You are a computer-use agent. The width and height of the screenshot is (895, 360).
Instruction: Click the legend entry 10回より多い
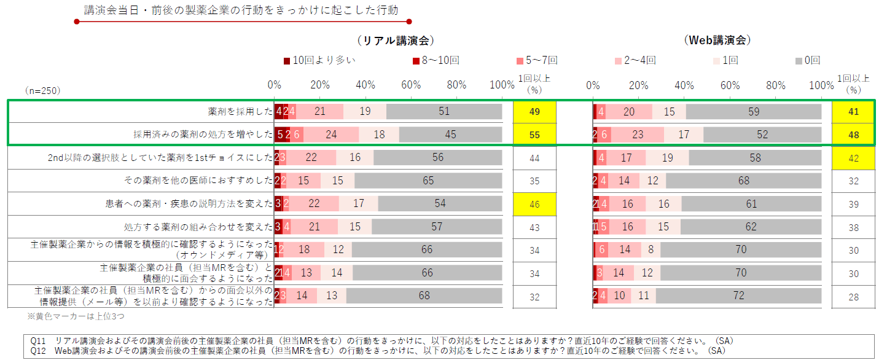click(319, 60)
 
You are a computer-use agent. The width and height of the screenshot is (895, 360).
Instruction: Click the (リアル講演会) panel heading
click(395, 41)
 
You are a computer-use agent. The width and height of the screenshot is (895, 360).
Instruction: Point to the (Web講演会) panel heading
click(717, 41)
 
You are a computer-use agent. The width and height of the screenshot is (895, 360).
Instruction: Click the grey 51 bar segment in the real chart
click(444, 111)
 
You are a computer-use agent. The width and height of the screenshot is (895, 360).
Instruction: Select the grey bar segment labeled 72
click(738, 295)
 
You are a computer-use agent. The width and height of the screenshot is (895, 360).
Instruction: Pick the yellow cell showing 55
click(534, 135)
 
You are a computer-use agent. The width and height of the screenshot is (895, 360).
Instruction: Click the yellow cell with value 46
click(534, 204)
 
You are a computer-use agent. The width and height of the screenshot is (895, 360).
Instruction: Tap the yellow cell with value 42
click(853, 158)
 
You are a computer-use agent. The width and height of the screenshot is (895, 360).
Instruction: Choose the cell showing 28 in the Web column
click(853, 297)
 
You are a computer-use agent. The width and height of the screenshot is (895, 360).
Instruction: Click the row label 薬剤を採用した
click(240, 112)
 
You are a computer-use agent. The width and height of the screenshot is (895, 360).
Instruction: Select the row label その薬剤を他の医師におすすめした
click(198, 181)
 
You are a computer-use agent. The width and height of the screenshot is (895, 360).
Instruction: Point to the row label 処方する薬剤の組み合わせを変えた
click(198, 227)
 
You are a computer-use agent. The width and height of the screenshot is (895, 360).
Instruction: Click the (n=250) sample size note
click(42, 90)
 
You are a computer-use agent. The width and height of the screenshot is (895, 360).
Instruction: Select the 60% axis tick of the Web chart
click(730, 85)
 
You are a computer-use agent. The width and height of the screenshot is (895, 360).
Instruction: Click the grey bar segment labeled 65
click(428, 181)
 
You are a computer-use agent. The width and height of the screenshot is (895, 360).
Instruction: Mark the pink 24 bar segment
click(331, 135)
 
